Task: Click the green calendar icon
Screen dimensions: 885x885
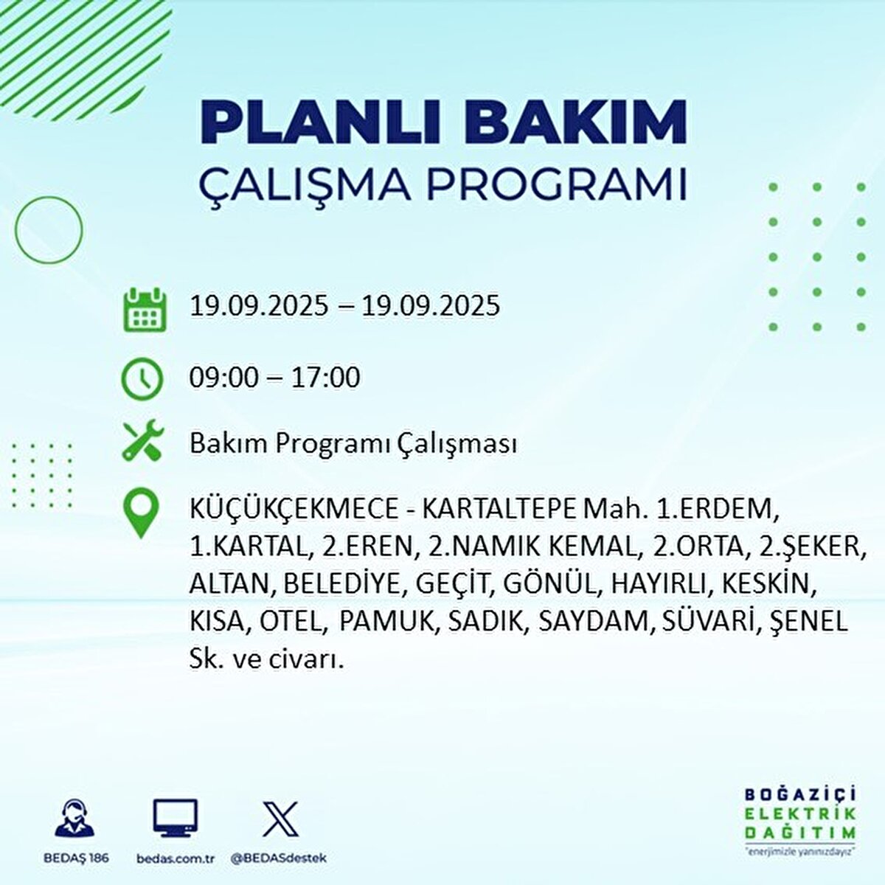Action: [x=142, y=309]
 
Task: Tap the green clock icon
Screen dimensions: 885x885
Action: [x=141, y=378]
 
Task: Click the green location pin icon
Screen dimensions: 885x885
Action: [x=141, y=513]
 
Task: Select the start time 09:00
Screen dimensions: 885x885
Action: [x=224, y=378]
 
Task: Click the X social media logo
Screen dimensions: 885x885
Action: [x=280, y=819]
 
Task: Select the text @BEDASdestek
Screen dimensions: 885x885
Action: [x=279, y=858]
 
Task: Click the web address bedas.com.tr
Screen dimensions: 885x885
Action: [x=176, y=858]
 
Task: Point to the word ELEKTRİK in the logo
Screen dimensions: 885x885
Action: [x=800, y=813]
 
